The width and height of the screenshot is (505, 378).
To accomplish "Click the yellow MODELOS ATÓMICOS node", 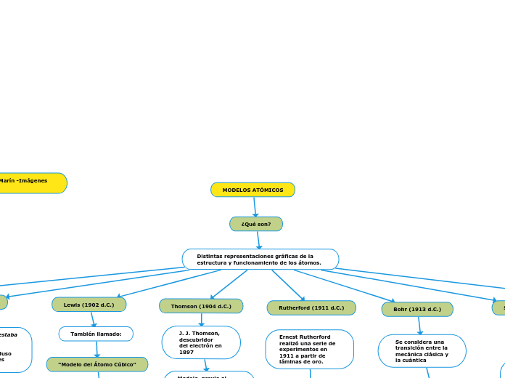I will click(252, 190).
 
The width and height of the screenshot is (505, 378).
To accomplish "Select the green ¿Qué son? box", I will click(256, 224).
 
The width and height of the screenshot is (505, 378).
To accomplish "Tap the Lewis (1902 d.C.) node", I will click(89, 305).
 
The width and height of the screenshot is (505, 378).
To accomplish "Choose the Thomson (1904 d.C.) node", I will click(201, 306).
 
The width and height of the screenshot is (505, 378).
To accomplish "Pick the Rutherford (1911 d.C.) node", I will click(311, 308).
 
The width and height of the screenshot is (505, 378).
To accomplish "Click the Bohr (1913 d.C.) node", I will click(417, 309).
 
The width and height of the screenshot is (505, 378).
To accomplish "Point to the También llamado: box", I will click(96, 334).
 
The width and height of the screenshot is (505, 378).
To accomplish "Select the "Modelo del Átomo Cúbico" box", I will click(97, 364).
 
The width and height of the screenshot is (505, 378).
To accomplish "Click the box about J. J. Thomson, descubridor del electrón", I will click(201, 342).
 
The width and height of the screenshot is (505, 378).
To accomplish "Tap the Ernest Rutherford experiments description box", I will click(309, 349).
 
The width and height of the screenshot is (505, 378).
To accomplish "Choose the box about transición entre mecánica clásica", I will click(422, 350).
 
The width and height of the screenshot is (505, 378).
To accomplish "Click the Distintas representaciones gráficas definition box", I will click(260, 260).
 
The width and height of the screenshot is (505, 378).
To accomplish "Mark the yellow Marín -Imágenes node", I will click(29, 182).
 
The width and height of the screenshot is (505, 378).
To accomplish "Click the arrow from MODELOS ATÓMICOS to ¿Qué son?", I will click(255, 207).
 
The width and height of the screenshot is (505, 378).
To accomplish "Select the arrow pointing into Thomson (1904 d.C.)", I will click(229, 283).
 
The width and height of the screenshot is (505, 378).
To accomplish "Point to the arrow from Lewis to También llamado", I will click(93, 319).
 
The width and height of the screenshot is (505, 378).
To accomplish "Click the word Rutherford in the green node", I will click(295, 308).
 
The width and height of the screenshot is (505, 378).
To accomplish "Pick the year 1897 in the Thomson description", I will click(186, 352).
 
